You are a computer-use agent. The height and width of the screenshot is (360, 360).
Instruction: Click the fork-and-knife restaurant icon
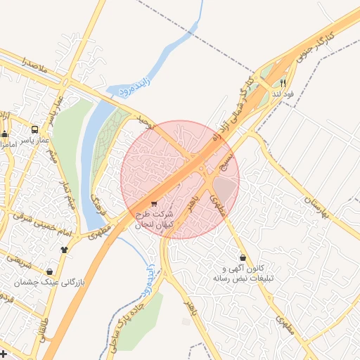point(283,82)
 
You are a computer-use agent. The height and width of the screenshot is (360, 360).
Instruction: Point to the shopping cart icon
point(154,204)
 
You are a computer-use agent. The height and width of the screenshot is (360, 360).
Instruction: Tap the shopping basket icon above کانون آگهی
point(243,257)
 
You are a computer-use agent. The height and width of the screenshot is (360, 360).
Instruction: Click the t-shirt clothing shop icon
point(65,249)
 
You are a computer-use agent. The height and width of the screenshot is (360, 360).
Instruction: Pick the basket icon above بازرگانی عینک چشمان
point(49,271)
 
